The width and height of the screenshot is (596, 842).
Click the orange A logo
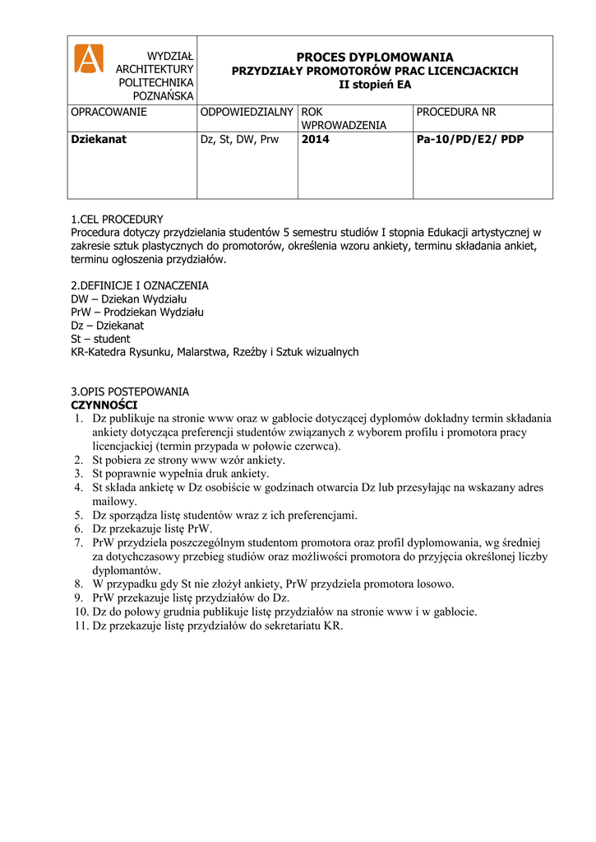coord(89,58)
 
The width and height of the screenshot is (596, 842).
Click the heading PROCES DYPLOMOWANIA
coord(374,58)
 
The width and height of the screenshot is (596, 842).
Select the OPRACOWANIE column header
coord(109,112)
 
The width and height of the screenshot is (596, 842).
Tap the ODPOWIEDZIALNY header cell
coord(247,112)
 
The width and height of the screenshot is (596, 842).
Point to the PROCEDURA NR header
coord(456,112)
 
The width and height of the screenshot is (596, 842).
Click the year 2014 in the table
coord(316,139)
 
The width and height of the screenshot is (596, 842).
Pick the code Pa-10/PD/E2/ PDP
coord(470,139)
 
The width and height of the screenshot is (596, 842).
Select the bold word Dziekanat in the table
coord(99,139)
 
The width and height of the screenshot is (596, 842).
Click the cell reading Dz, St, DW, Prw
coord(240,139)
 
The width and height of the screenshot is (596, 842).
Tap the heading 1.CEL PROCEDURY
coord(118,220)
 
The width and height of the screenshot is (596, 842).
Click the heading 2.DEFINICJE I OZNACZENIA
coord(140,285)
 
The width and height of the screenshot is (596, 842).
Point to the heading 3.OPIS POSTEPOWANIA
coord(130,391)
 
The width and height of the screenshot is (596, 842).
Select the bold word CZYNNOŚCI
coord(104,405)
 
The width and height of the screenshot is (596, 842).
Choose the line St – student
coord(100,338)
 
